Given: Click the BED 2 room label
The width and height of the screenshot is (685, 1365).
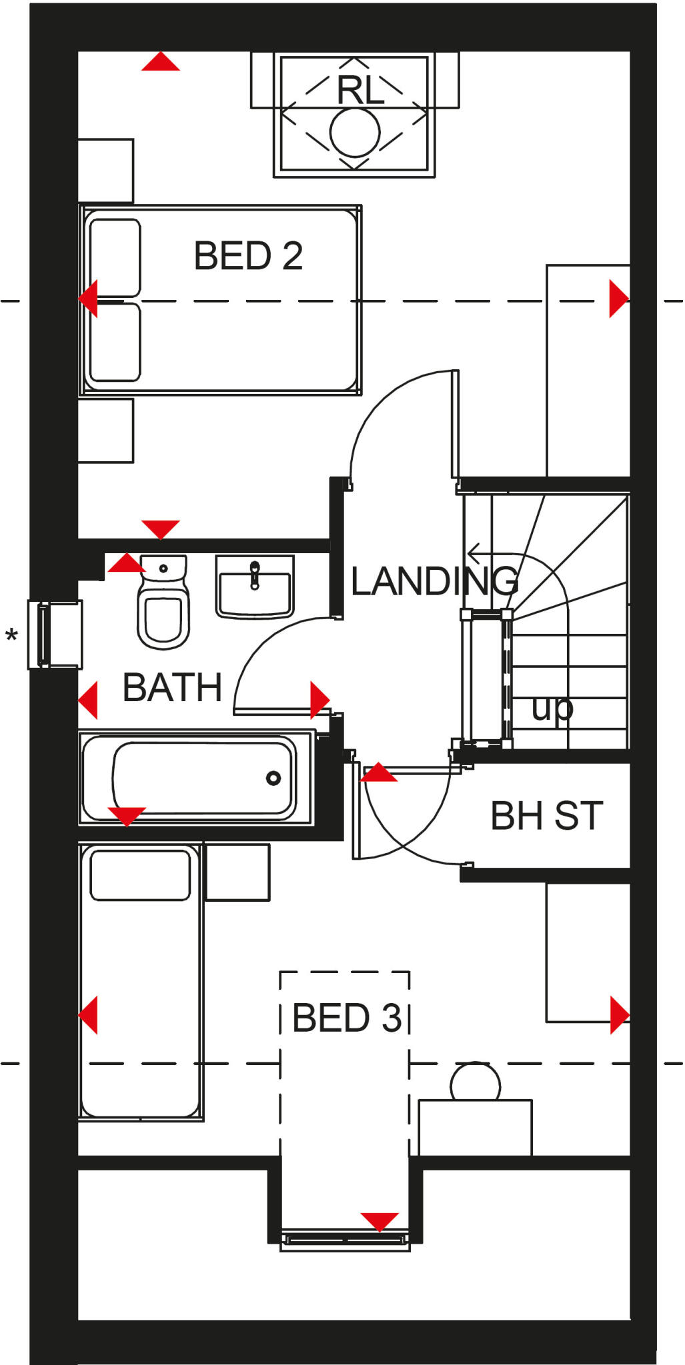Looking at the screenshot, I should point(248,256).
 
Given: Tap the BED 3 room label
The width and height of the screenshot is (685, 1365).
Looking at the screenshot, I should point(347,1018).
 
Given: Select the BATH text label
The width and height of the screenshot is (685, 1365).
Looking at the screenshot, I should point(172,688).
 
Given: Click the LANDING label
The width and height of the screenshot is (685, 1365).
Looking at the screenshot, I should point(434,581).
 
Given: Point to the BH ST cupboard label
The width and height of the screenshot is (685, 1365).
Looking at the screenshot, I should point(546,816).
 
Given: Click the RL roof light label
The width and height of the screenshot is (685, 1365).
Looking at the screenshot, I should point(360,90).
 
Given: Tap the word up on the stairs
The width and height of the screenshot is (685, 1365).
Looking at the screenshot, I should point(552,709).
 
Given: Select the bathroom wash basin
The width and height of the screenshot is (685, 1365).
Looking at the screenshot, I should point(254,587).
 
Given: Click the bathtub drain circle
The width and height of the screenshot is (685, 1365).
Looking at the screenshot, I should point(273,778).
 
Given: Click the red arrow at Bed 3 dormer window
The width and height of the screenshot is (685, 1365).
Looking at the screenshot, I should point(380,1221).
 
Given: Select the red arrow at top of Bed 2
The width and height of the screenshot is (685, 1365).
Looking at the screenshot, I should point(161,63).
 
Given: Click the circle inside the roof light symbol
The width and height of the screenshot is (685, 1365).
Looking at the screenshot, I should point(355,132).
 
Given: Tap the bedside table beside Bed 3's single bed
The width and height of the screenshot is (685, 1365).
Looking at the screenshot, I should point(237,872).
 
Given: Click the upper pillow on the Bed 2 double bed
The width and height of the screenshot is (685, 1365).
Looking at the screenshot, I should point(115,257).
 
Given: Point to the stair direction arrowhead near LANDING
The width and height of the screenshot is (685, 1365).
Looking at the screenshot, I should point(474,553).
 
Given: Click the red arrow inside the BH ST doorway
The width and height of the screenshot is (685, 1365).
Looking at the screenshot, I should point(378,773).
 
